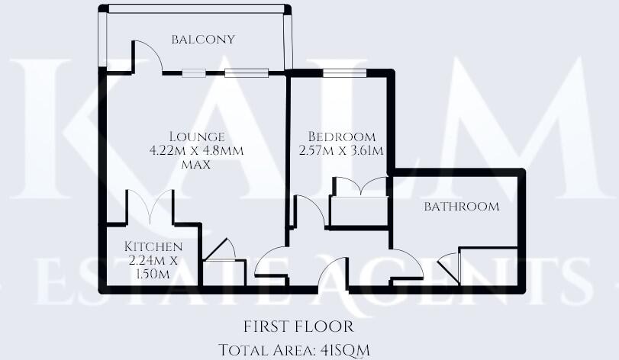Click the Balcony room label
(x=202, y=40)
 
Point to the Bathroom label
(x=462, y=207)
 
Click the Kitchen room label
(x=153, y=247)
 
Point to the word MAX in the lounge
(x=196, y=164)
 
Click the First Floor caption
(x=298, y=326)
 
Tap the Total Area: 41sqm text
(x=294, y=349)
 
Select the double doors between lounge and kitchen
(x=151, y=207)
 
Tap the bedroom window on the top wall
(x=343, y=73)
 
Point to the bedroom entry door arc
(x=309, y=210)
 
